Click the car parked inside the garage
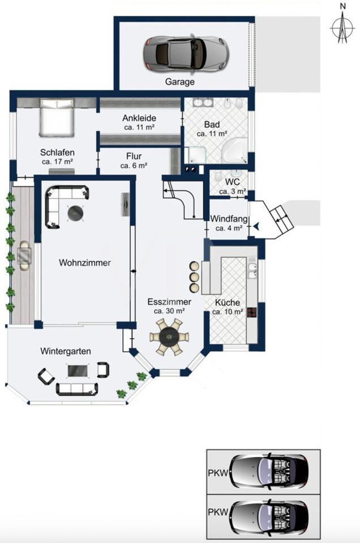[186, 53]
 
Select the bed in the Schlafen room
[57, 118]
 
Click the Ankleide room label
[139, 118]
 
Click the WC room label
[232, 182]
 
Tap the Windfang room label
[229, 219]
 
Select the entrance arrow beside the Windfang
[256, 226]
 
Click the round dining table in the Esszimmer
[169, 336]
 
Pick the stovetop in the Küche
[251, 312]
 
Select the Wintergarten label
[66, 351]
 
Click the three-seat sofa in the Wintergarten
[77, 389]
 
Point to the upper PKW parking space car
[269, 472]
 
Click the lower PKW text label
[218, 512]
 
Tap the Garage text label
[179, 82]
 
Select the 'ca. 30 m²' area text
[169, 311]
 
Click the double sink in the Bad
[203, 102]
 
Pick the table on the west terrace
[24, 256]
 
